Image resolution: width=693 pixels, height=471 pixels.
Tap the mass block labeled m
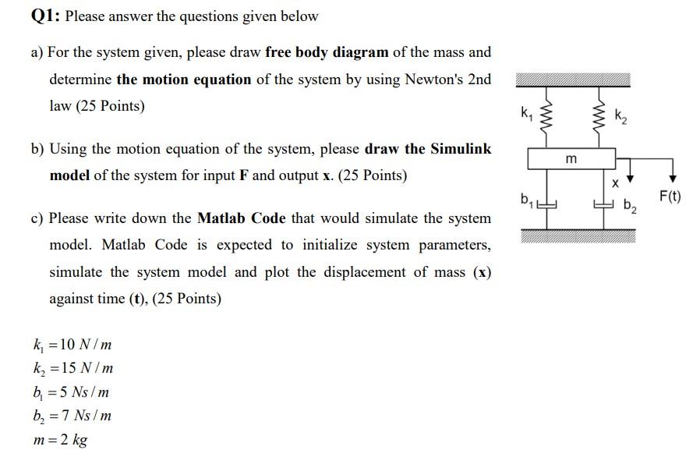[x=573, y=159]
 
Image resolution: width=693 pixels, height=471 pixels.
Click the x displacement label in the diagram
[x=614, y=184]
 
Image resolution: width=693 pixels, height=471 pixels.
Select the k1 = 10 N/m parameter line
[x=72, y=345]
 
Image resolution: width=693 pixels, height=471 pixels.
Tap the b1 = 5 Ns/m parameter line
[x=71, y=391]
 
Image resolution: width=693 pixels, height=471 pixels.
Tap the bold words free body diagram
[x=327, y=53]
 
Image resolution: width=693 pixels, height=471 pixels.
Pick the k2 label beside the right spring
[x=621, y=119]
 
